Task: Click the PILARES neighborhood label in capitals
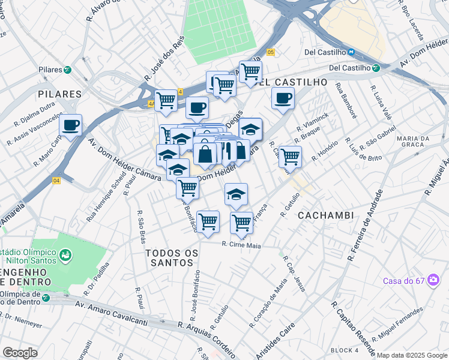click(x=59, y=94)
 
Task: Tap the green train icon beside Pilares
click(x=68, y=70)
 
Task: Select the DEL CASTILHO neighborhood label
click(x=294, y=82)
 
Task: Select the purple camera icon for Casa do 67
click(x=432, y=281)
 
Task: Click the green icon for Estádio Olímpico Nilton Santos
click(x=64, y=256)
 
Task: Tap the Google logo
click(x=20, y=353)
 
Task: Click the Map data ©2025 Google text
click(x=412, y=355)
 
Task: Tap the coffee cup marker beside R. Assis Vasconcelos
click(x=71, y=125)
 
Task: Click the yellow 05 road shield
click(x=271, y=53)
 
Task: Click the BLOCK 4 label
click(x=344, y=350)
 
